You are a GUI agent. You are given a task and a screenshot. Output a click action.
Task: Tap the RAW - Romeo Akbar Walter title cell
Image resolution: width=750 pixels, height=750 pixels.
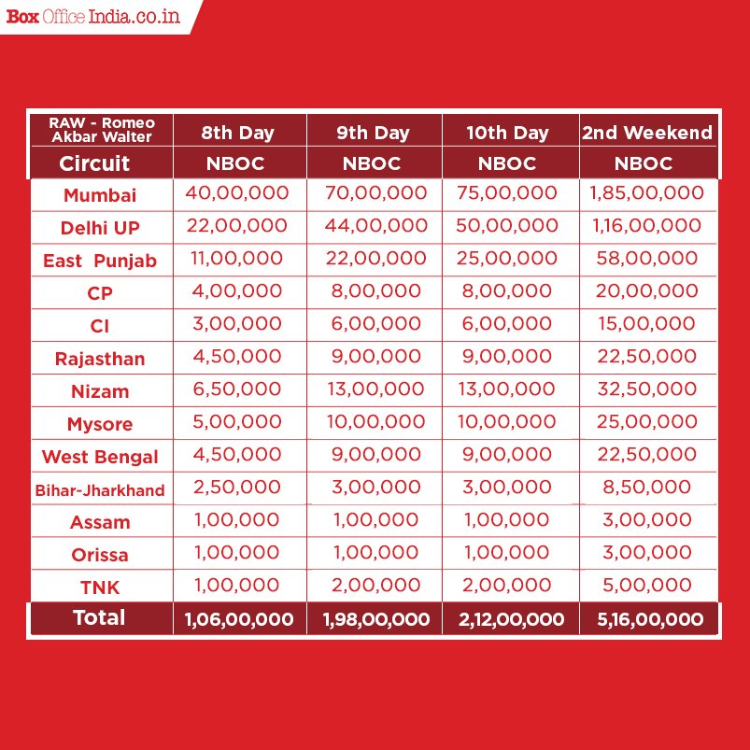102,130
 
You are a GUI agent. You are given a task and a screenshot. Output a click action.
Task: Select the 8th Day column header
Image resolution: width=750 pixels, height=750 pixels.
237,133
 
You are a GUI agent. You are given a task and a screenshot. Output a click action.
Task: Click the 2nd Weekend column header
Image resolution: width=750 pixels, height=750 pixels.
646,133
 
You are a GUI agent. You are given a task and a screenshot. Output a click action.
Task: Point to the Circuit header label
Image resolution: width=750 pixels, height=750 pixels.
94,164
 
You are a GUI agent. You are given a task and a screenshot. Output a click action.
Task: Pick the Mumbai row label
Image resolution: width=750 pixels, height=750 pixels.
100,195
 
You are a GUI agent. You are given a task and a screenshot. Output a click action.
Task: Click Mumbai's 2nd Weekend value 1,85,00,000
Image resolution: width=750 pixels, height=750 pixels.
646,193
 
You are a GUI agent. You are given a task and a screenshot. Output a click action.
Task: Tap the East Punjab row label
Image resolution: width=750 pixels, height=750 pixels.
100,261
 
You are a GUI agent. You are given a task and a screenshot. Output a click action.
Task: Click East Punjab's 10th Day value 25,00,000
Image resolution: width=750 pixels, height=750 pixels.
509,259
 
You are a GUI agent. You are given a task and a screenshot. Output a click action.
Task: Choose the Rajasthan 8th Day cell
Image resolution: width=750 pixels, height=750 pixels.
237,357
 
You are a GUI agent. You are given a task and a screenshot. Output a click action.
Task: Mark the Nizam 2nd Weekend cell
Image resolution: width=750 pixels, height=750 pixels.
646,389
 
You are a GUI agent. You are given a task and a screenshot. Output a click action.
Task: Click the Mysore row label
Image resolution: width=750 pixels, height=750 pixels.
100,424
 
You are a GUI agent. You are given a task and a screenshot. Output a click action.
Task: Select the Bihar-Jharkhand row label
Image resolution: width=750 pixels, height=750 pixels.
100,489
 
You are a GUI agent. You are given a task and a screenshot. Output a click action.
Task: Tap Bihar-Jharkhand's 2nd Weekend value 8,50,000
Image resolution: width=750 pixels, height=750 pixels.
646,488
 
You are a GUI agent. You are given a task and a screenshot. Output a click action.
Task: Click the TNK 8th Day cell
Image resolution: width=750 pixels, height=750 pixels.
237,586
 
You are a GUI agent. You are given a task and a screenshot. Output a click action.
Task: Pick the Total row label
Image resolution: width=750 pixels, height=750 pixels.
99,617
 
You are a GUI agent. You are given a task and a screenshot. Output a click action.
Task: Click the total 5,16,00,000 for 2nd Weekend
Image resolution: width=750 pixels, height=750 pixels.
646,619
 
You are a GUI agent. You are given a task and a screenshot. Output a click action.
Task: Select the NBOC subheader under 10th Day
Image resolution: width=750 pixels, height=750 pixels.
509,164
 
